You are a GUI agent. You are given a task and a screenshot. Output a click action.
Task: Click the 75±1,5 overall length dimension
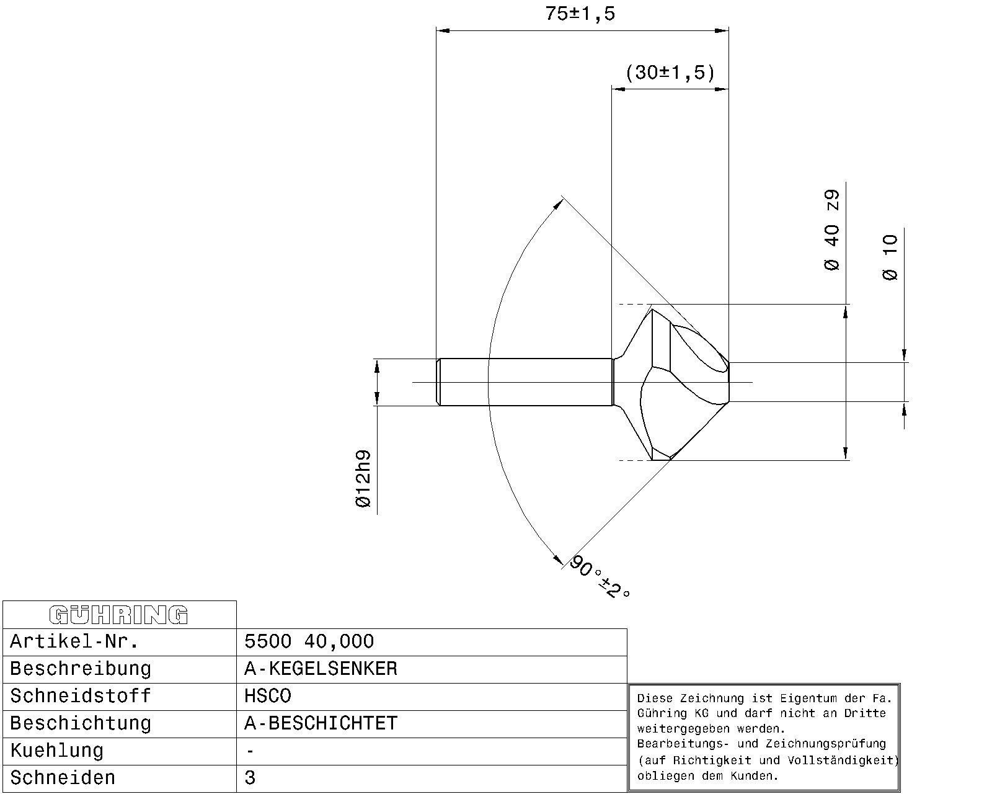(x=580, y=14)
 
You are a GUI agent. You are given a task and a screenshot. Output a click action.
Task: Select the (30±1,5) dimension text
(x=670, y=73)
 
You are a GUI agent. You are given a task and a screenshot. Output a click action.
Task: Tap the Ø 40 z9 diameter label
(x=831, y=230)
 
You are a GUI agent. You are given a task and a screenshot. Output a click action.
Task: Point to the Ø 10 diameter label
(x=890, y=257)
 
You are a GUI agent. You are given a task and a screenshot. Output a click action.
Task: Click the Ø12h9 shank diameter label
(x=363, y=479)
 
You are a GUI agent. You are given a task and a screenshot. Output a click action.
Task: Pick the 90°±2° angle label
(x=600, y=577)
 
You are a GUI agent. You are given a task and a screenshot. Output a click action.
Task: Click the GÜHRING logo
(x=118, y=615)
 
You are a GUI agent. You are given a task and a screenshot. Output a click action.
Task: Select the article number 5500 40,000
(x=309, y=641)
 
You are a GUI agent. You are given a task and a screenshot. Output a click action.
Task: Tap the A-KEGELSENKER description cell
(x=321, y=669)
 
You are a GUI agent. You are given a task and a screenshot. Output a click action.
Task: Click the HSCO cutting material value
(x=268, y=696)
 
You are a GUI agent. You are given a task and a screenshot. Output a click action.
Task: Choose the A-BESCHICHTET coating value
(x=321, y=723)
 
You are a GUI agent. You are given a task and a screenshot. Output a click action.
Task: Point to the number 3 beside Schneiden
(x=250, y=777)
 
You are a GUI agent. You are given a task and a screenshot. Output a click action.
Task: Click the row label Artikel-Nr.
(x=74, y=641)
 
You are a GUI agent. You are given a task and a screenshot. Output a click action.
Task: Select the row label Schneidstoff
(x=80, y=696)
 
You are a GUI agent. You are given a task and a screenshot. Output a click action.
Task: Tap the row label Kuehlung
(x=56, y=751)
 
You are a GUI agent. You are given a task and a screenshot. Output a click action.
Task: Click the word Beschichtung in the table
(x=80, y=723)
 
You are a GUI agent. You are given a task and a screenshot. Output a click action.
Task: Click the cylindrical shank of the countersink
(x=525, y=382)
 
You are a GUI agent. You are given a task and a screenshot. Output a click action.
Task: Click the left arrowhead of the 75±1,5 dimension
(x=443, y=31)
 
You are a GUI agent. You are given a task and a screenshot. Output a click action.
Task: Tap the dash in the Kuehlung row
(x=250, y=751)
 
